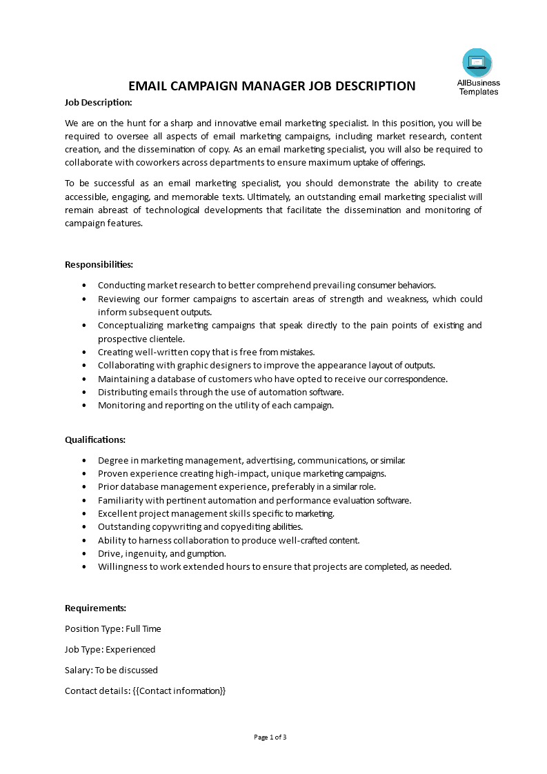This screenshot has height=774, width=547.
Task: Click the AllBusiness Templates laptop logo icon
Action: click(477, 63)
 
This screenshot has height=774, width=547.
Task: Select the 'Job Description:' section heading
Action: click(98, 102)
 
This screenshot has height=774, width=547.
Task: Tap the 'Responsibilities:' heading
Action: click(99, 264)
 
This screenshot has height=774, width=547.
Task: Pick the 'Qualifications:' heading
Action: click(95, 439)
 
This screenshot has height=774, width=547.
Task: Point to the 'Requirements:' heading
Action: click(95, 608)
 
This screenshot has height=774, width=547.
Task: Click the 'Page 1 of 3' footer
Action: click(270, 737)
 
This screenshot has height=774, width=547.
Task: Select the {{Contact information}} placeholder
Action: click(179, 691)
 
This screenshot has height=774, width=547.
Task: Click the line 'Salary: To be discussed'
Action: click(111, 670)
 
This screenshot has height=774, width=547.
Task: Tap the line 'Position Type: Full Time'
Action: click(112, 628)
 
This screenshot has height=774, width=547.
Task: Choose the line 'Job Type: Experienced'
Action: click(110, 649)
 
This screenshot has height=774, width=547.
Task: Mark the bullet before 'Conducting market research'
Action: click(84, 285)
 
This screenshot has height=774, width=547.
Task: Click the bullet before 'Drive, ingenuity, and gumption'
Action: click(84, 553)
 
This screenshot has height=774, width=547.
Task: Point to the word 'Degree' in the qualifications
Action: click(112, 460)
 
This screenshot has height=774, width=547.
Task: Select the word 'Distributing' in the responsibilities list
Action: click(122, 392)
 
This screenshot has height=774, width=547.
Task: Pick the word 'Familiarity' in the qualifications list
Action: click(120, 500)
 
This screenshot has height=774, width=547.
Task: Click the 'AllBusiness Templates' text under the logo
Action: click(478, 87)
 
